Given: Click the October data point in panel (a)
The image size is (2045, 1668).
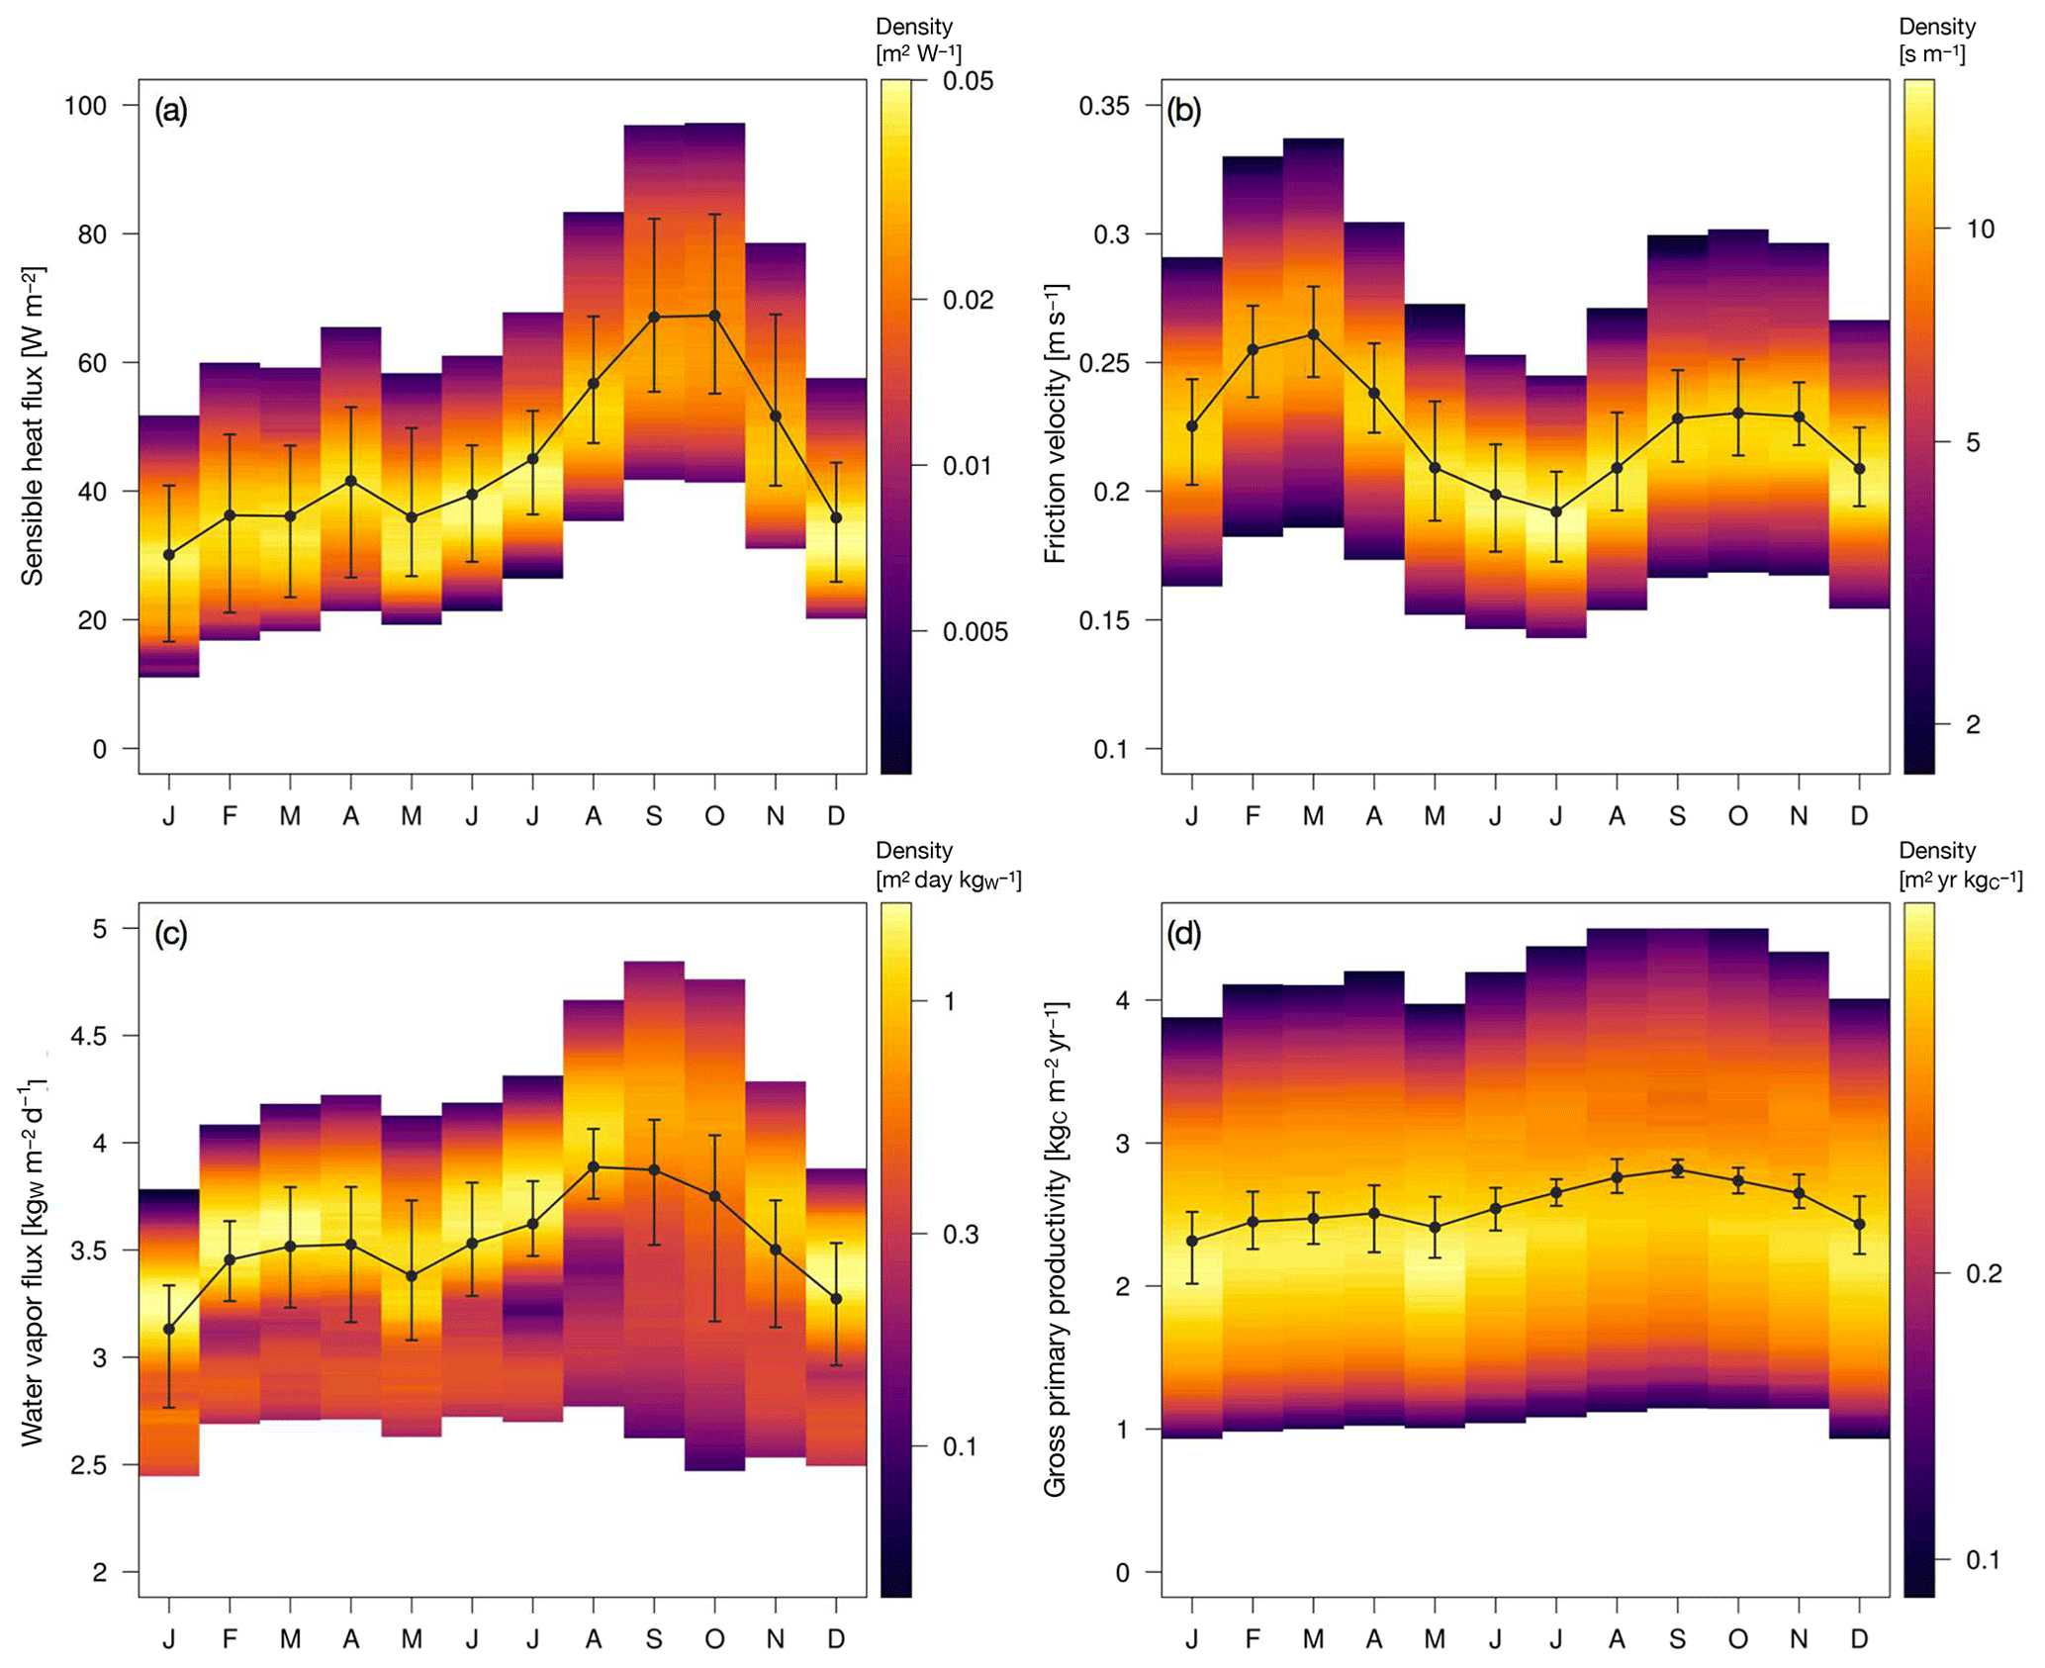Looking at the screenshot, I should coord(714,316).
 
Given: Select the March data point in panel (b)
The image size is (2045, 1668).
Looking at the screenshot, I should coord(1313,334).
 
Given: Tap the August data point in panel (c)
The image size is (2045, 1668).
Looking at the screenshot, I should coord(594,1167).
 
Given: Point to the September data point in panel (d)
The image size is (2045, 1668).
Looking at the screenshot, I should coord(1677,1170).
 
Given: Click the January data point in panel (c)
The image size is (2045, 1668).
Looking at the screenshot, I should coord(169,1330).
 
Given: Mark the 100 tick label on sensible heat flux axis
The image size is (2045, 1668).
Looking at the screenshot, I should coord(86,105).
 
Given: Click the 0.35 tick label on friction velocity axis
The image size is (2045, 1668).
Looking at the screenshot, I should coord(1103,105).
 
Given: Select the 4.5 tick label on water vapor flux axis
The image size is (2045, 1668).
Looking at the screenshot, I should coord(90,1036).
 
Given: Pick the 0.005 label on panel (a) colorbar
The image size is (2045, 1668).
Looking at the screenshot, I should coord(975,632).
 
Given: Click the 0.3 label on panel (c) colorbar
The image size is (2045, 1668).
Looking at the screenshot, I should coord(959,1235).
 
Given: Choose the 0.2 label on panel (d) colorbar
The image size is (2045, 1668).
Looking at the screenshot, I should coord(1984,1273).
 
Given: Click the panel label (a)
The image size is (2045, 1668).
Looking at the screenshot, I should coord(171,111).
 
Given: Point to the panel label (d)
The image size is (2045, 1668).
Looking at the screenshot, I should coord(1184,933).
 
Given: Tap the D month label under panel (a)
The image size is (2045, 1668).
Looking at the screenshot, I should coord(836,816).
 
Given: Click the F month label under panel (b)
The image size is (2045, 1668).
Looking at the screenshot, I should coord(1253,816).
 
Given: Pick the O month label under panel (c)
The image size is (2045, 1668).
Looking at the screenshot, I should coord(714,1640).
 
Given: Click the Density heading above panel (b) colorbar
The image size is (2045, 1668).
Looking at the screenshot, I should coord(1936,27).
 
